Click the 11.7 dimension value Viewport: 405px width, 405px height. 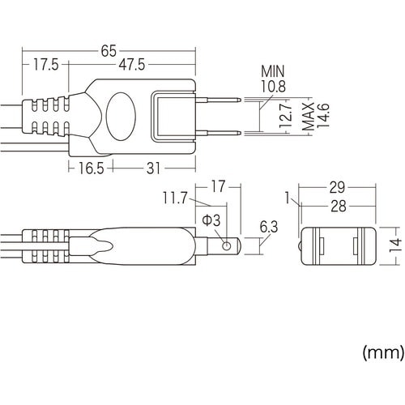175,197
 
